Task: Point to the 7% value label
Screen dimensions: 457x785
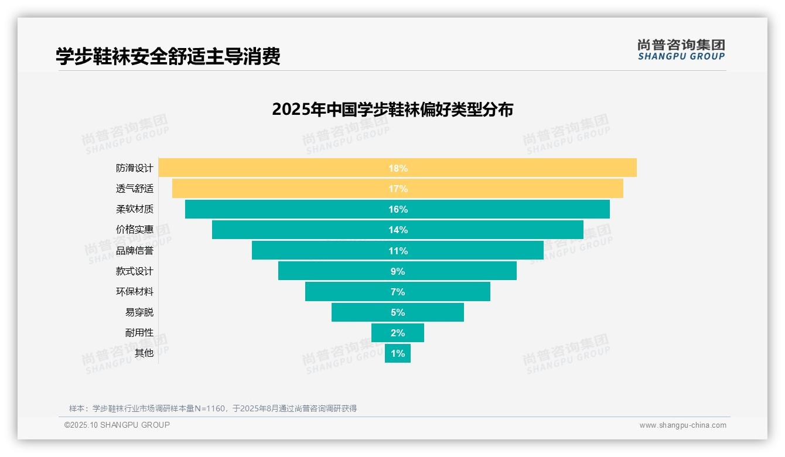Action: pyautogui.click(x=398, y=292)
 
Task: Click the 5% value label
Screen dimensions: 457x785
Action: pyautogui.click(x=398, y=312)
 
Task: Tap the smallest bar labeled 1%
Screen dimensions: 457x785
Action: pyautogui.click(x=398, y=353)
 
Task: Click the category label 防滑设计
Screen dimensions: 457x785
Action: pyautogui.click(x=134, y=168)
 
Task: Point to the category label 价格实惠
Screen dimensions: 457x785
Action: pyautogui.click(x=134, y=230)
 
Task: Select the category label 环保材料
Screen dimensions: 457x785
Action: pyautogui.click(x=134, y=292)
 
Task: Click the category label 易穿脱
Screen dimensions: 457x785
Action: pyautogui.click(x=139, y=312)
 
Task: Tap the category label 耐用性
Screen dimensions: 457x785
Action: pyautogui.click(x=139, y=333)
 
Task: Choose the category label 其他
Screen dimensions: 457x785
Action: pyautogui.click(x=144, y=353)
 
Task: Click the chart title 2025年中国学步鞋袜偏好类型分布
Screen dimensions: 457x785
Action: pyautogui.click(x=392, y=110)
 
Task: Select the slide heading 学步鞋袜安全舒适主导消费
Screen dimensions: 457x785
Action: pyautogui.click(x=168, y=56)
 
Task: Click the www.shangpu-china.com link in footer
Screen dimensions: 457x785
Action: pyautogui.click(x=682, y=425)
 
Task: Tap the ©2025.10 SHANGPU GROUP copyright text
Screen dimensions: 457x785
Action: pyautogui.click(x=117, y=425)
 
